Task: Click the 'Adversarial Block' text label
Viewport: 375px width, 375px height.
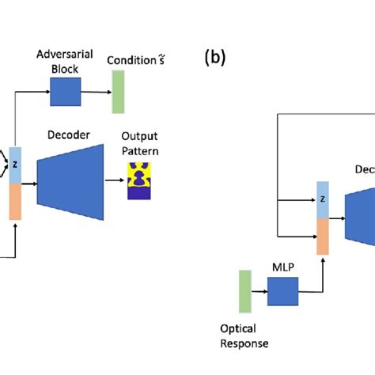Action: (x=66, y=61)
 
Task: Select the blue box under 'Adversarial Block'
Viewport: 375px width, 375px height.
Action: (x=65, y=93)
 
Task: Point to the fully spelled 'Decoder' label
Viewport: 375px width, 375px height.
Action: (x=69, y=135)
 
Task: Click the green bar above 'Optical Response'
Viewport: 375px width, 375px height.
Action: (x=244, y=292)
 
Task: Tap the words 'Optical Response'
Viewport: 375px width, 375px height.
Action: (x=244, y=337)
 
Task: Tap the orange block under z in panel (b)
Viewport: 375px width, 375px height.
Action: (x=323, y=236)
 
